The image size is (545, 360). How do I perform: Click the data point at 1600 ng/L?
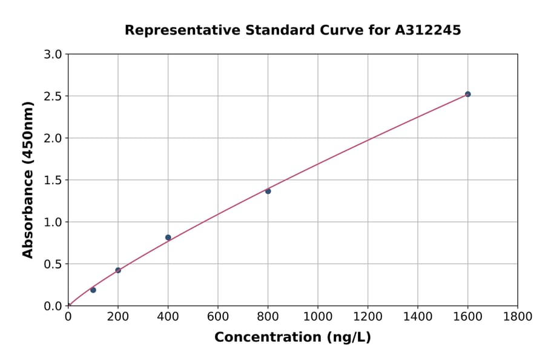[467, 94]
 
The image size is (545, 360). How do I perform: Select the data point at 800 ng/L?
[268, 191]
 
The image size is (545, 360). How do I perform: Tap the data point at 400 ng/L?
[168, 238]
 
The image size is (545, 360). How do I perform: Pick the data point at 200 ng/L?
[118, 270]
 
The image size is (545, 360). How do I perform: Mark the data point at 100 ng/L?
[93, 290]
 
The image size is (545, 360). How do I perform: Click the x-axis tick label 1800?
[517, 317]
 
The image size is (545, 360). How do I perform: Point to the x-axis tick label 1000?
[317, 317]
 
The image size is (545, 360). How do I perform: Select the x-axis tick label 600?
[218, 317]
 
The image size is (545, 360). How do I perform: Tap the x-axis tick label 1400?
[417, 317]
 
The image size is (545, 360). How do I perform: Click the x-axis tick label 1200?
[368, 317]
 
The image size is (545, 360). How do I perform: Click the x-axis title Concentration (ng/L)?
[292, 338]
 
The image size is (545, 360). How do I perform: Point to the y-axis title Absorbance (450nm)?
[28, 180]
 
